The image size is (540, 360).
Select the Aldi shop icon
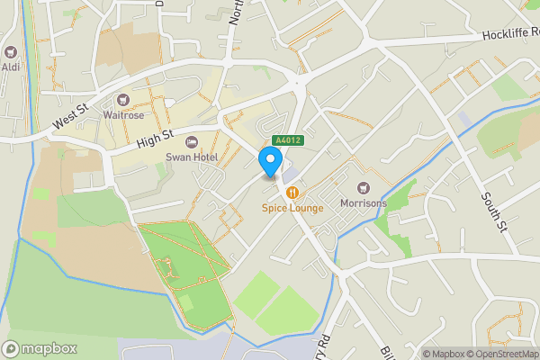(12, 53)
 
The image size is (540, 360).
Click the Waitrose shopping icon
(122, 99)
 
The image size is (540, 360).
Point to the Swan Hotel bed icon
(191, 142)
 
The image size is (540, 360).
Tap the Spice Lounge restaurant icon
(292, 193)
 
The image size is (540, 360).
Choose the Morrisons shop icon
(364, 188)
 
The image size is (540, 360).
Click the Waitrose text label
(122, 113)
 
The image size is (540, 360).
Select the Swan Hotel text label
(191, 157)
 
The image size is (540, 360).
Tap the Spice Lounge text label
(292, 208)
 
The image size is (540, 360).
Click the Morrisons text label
(364, 203)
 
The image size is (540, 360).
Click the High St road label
(154, 138)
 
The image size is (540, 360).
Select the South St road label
(494, 211)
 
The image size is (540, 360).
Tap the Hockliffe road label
(509, 35)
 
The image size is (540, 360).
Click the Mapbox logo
(40, 348)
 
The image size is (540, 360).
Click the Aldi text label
(12, 67)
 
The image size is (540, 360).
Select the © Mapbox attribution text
(445, 354)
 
